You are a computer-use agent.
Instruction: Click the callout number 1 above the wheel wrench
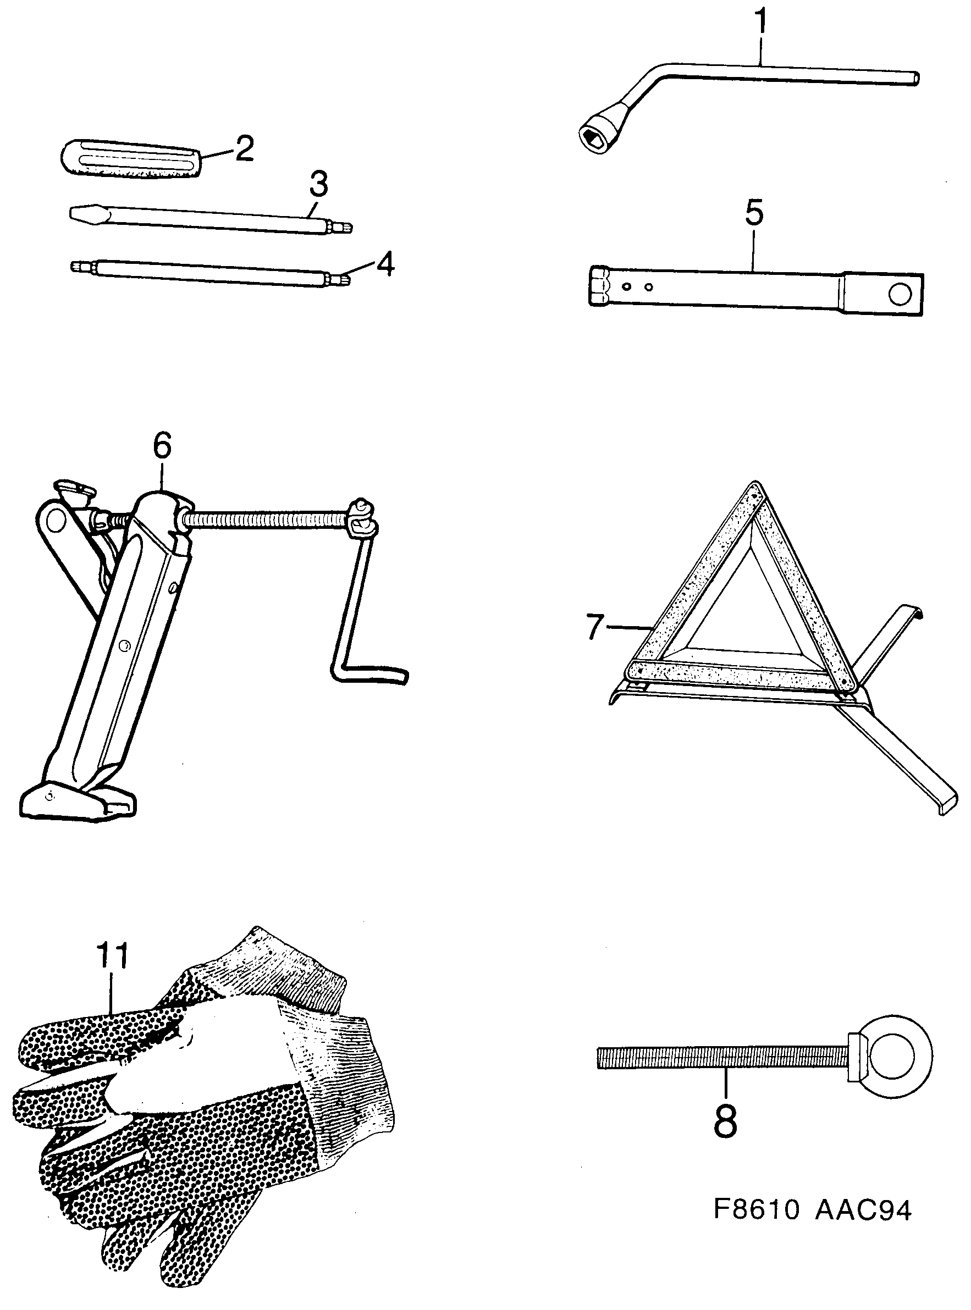coord(760,23)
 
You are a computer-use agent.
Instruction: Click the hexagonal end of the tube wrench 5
coord(600,286)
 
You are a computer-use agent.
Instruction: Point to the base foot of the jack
coord(76,800)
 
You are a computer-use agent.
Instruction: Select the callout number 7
coord(595,627)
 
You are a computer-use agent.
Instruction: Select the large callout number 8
coord(725,1121)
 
